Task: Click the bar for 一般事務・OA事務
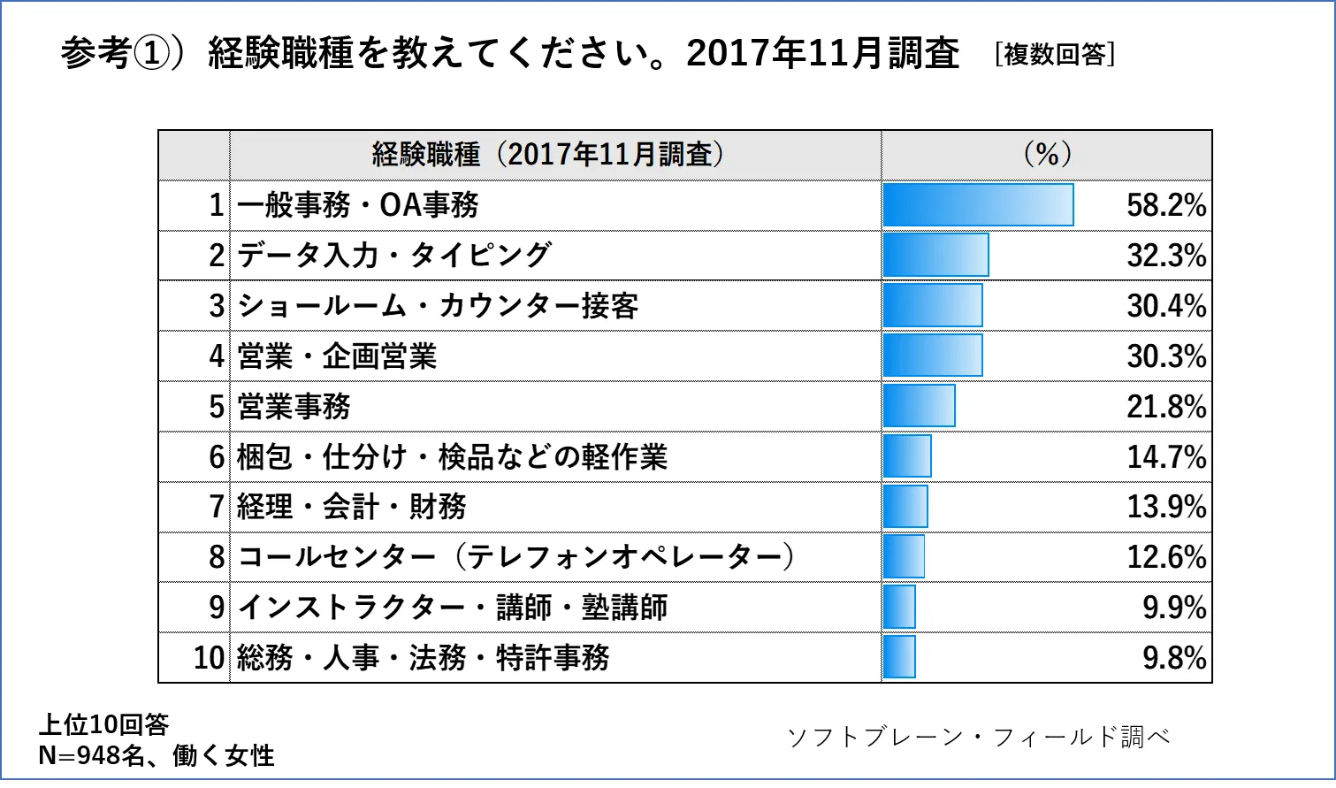click(x=978, y=205)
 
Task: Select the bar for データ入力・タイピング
click(x=935, y=256)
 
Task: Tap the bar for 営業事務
click(x=919, y=407)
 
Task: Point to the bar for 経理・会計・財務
click(x=905, y=507)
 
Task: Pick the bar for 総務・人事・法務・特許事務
click(x=899, y=657)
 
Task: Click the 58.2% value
click(x=1165, y=205)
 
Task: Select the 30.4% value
click(x=1165, y=306)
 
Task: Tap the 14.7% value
click(x=1165, y=457)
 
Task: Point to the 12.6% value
click(x=1165, y=557)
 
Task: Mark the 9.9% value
click(x=1173, y=608)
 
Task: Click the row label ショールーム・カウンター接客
click(x=438, y=306)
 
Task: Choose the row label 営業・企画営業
click(x=337, y=356)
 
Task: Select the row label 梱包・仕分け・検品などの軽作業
click(x=452, y=457)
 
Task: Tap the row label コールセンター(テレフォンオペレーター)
click(x=516, y=557)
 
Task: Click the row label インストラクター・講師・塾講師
click(x=452, y=608)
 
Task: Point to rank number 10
click(x=209, y=658)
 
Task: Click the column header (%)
click(x=1047, y=155)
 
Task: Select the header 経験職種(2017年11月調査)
click(x=548, y=155)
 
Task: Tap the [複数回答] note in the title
click(x=1054, y=54)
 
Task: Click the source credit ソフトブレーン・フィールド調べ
click(x=978, y=737)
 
